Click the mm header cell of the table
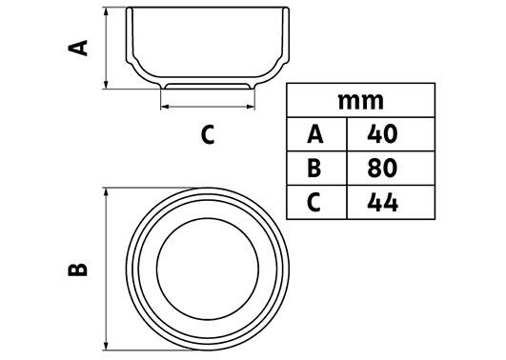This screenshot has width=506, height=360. (x=361, y=100)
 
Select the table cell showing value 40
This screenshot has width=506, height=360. (x=391, y=134)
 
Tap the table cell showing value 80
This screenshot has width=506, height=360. (x=391, y=168)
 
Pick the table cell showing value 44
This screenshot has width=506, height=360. (x=391, y=202)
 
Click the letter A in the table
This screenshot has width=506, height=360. (x=315, y=134)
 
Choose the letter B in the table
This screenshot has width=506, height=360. (x=314, y=169)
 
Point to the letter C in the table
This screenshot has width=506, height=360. (x=314, y=202)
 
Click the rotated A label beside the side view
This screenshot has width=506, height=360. (x=78, y=48)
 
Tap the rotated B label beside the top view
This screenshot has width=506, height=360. (x=78, y=270)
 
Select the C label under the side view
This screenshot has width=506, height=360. (x=208, y=135)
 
